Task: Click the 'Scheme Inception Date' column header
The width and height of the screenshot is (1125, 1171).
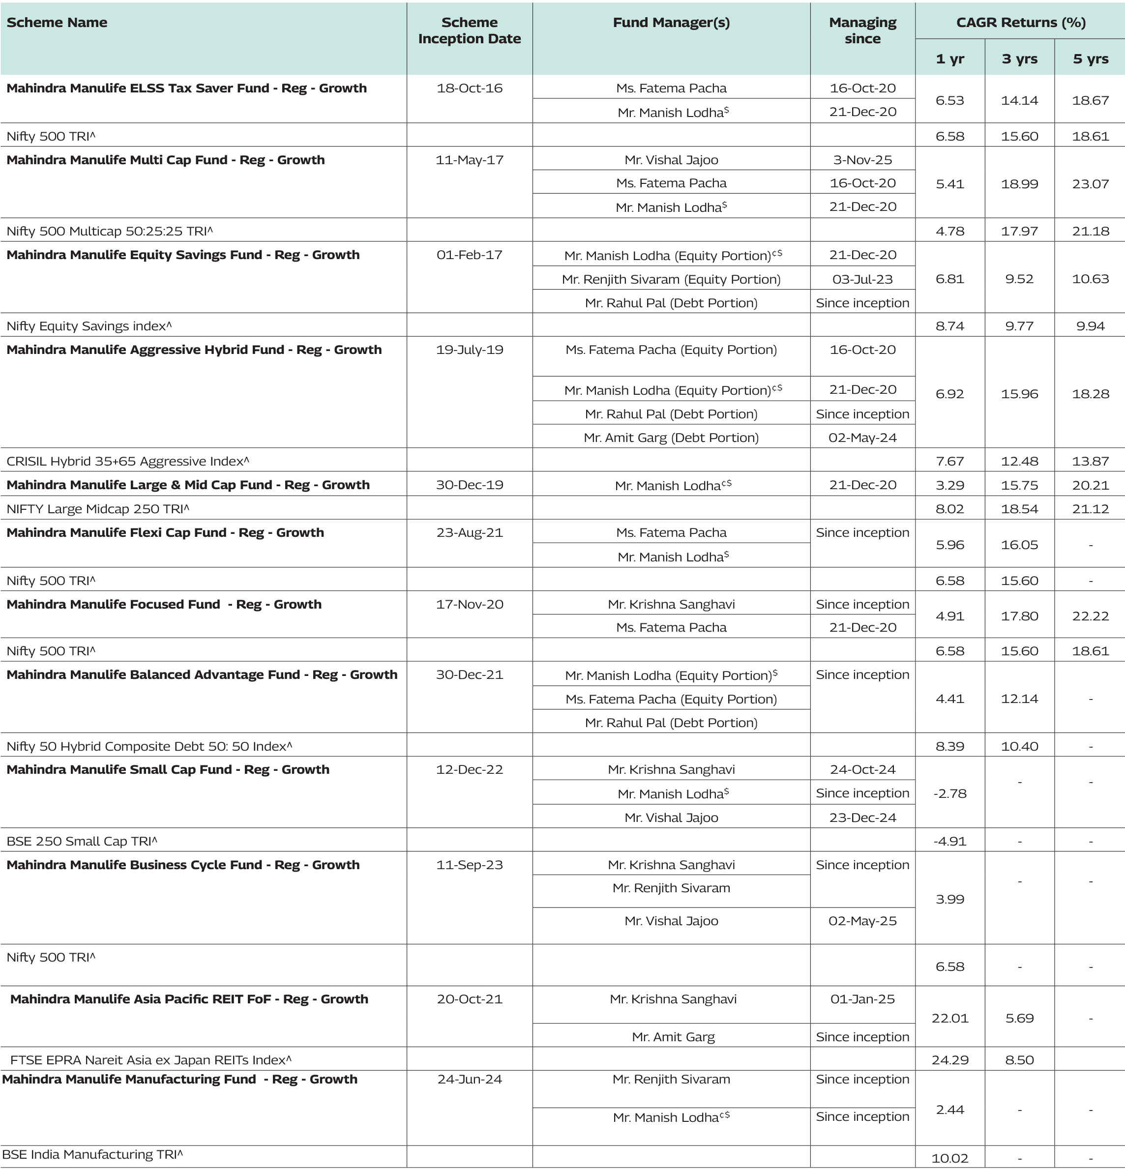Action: [469, 30]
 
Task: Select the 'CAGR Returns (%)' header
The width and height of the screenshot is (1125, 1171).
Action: [1020, 22]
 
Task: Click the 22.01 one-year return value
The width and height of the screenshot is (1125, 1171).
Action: [949, 1018]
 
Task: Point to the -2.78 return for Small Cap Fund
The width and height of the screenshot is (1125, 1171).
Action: [949, 793]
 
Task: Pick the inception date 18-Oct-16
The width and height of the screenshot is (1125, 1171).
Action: [469, 88]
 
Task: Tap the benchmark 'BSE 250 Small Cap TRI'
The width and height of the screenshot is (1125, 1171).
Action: [82, 841]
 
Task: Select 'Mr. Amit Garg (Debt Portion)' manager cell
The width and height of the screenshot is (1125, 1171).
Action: [671, 438]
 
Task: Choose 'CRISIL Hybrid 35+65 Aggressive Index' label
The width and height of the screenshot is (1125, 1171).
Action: [127, 461]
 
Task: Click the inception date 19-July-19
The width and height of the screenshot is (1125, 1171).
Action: [469, 350]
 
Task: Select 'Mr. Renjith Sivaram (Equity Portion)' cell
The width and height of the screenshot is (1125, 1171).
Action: [671, 279]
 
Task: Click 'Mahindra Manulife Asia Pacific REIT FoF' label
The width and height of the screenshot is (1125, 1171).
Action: [189, 999]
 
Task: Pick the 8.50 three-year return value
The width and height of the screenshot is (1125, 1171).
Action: [1019, 1060]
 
